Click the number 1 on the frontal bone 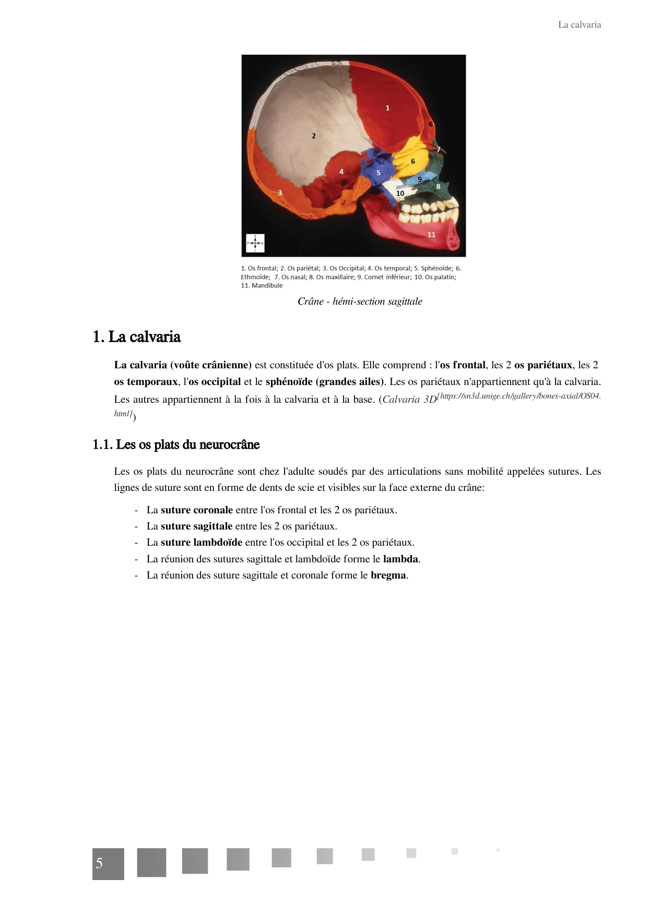coord(387,108)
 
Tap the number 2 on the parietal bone coord(314,136)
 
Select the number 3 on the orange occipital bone coord(280,192)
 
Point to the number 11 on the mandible coord(431,235)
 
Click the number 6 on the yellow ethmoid coord(413,162)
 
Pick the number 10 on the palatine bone coord(400,194)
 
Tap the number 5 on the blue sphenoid coord(379,173)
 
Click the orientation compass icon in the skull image coord(255,243)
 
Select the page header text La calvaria coord(579,25)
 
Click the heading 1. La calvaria coord(137,337)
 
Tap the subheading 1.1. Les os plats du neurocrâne coord(176,444)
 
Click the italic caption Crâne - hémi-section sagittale coord(360,302)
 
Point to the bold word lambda coord(400,559)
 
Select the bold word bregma coord(388,575)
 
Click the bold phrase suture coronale coord(197,510)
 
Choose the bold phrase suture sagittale coord(196,526)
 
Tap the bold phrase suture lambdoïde coord(201,543)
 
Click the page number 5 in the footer coord(100,863)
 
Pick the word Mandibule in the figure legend coord(267,286)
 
